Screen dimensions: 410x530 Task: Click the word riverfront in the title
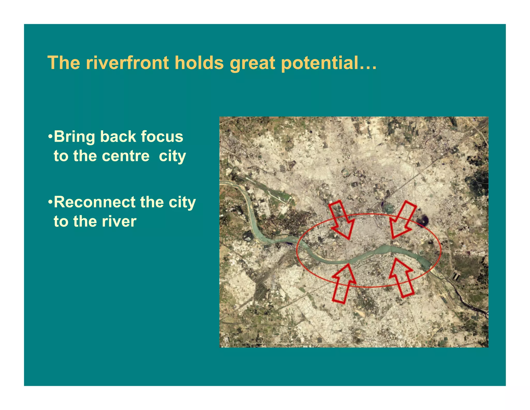tap(127, 63)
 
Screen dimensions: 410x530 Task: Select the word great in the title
tap(252, 63)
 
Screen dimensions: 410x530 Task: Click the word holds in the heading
tap(199, 63)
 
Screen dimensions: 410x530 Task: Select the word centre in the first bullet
tap(126, 156)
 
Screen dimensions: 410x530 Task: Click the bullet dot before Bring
tap(50, 137)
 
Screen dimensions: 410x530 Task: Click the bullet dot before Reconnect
tap(50, 202)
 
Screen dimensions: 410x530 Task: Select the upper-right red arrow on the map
tap(402, 219)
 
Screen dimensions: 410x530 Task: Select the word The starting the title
tap(64, 63)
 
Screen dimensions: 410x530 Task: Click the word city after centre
tap(172, 157)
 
